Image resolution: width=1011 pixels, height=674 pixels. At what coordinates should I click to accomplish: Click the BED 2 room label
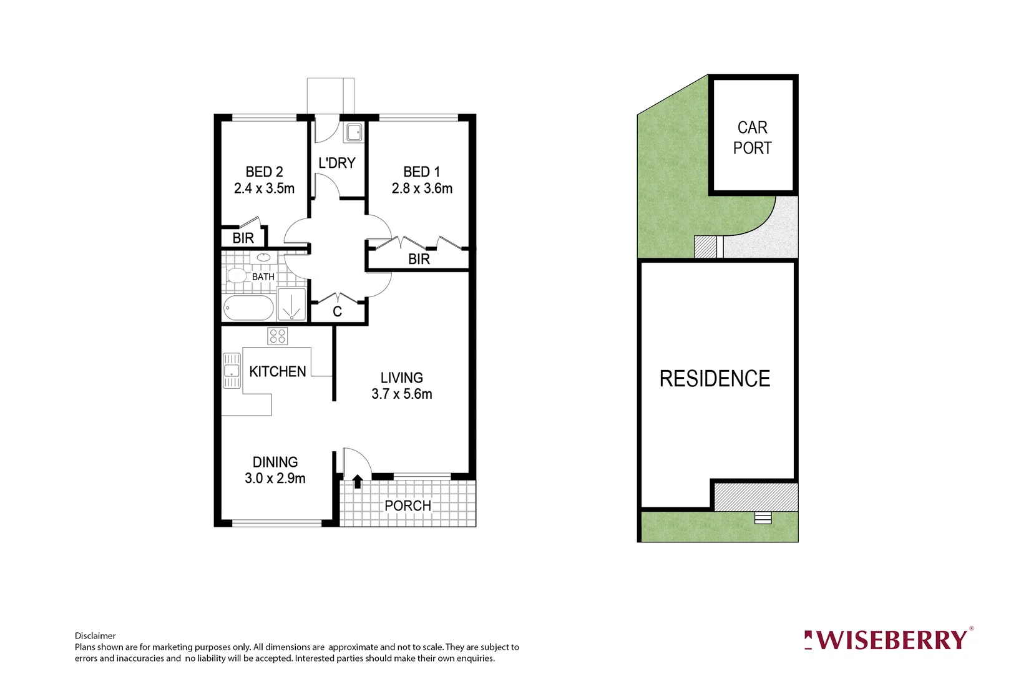(x=264, y=172)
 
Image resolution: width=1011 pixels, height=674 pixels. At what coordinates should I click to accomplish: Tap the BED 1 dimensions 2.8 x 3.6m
(x=422, y=188)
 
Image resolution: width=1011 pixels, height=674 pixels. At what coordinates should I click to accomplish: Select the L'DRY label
(x=337, y=163)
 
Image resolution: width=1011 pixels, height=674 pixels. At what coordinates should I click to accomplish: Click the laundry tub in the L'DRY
(x=354, y=132)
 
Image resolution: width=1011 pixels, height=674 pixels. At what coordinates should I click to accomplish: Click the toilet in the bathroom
(x=236, y=275)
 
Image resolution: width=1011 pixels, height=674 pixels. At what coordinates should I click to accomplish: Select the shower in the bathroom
(x=291, y=305)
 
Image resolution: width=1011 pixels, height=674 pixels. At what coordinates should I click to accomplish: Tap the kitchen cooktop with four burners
(x=278, y=336)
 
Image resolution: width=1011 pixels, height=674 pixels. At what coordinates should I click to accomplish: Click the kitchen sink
(x=232, y=371)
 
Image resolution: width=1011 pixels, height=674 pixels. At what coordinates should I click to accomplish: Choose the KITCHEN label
(x=278, y=372)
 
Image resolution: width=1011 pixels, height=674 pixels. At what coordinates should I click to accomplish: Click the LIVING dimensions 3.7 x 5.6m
(x=401, y=394)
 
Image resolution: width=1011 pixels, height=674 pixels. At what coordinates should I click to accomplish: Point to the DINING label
(x=275, y=462)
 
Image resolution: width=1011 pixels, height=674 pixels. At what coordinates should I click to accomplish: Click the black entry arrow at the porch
(x=358, y=482)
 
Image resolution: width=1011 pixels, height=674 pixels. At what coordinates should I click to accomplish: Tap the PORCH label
(x=408, y=506)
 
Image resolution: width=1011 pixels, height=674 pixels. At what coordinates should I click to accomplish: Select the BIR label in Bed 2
(x=243, y=238)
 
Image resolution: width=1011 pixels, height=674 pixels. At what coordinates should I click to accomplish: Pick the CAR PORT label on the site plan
(x=752, y=138)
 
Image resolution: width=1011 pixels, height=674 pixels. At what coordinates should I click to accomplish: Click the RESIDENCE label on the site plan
(x=715, y=379)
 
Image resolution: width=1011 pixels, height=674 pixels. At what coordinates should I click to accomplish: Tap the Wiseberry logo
(x=887, y=640)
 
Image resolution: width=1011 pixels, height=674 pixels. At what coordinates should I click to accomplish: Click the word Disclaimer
(x=95, y=636)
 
